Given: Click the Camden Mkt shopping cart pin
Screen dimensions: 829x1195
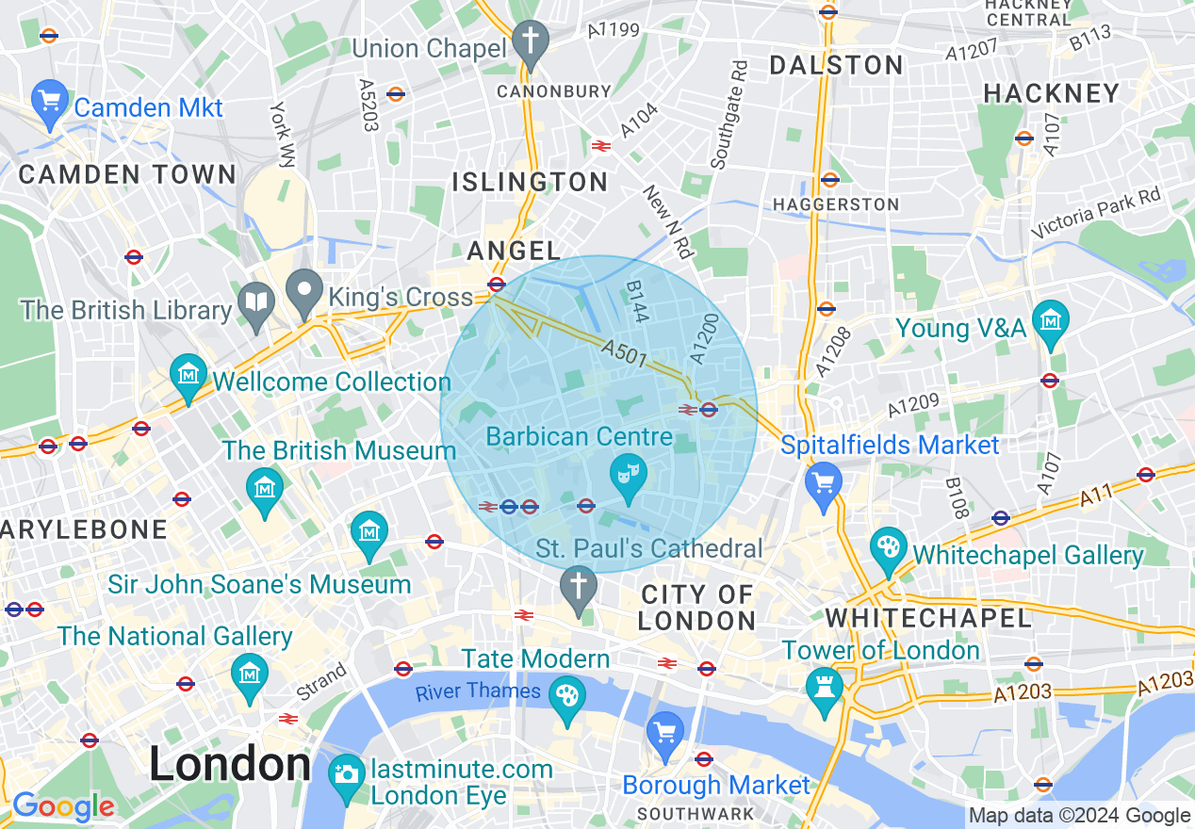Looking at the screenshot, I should point(49,99).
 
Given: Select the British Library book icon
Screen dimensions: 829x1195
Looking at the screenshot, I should point(256,301).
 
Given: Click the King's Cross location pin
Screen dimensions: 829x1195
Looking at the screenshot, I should point(304,291).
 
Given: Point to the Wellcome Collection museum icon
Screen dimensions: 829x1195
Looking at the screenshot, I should point(188,374).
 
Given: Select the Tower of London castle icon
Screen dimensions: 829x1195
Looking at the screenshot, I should point(826,690).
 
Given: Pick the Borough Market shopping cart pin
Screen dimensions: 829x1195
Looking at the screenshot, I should point(665,733).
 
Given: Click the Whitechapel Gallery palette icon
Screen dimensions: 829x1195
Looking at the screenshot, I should point(887,548).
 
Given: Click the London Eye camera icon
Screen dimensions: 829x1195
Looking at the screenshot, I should point(347,775).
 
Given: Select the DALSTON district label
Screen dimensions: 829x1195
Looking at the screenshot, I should point(836,65).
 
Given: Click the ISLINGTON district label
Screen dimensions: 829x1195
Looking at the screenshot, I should point(530,182).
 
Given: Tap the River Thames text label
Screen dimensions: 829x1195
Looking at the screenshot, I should point(479,691).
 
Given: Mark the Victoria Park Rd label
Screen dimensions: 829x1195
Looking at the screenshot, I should point(1109,213).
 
